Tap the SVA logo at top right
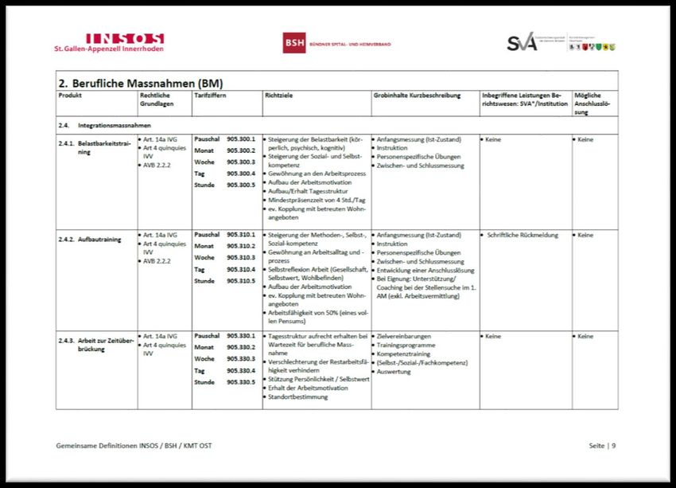(x=523, y=43)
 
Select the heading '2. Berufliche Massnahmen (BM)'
(x=140, y=83)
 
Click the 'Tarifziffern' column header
(x=210, y=96)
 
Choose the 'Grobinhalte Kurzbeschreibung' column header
(x=417, y=96)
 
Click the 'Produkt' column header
(x=70, y=96)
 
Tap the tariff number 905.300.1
(x=240, y=139)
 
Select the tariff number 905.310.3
(x=240, y=258)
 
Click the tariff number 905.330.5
(x=240, y=382)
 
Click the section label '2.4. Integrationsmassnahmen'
(x=104, y=126)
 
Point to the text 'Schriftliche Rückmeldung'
(x=522, y=235)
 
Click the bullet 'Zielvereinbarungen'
(x=406, y=337)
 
